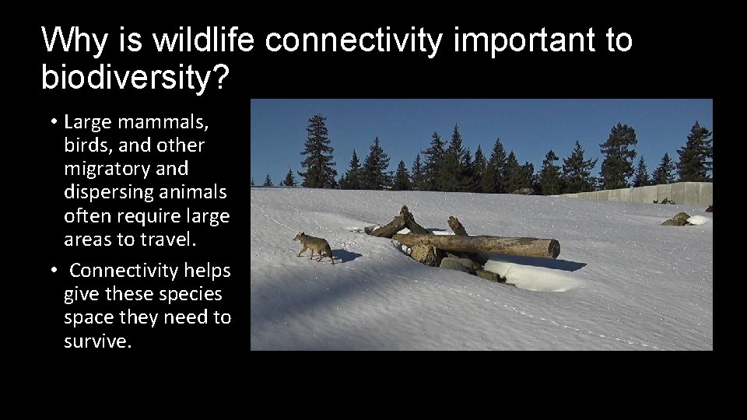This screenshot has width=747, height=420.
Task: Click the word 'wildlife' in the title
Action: point(205,40)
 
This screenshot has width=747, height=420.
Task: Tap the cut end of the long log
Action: point(552,249)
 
